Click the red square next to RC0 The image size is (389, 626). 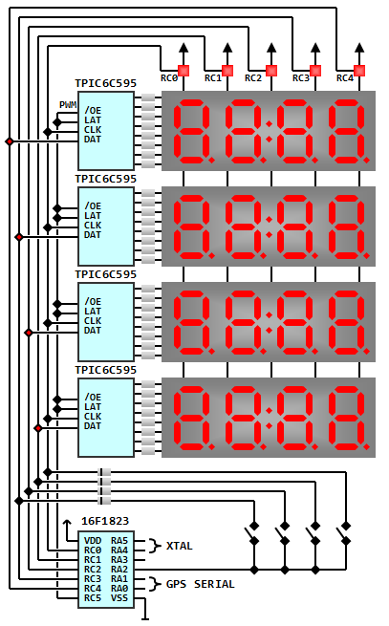pos(184,71)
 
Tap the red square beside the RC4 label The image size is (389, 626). pos(359,71)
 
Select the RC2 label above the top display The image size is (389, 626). pos(253,77)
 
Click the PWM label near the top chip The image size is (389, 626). pos(68,104)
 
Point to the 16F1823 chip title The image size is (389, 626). pos(105,521)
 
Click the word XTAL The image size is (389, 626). pos(180,546)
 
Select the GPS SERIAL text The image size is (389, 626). pos(201,584)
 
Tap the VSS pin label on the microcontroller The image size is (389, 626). pos(119,598)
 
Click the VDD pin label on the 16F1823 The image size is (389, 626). pos(93,541)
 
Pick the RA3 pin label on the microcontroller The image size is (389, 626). pos(119,560)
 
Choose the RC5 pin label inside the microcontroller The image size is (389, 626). pos(93,598)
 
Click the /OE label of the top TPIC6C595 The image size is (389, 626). pos(93,111)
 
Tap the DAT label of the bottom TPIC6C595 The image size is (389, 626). pos(93,426)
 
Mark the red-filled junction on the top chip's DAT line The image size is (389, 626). pos(10,141)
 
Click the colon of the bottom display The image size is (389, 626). pos(270,418)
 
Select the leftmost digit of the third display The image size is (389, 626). pos(193,323)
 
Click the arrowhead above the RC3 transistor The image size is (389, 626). pos(315,49)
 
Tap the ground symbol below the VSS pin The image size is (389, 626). pos(145,614)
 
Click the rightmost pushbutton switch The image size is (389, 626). pos(344,533)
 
